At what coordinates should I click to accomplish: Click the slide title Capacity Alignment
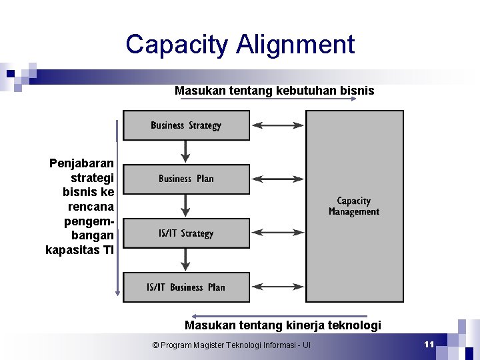coord(240,45)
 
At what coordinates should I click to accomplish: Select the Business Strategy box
coord(186,125)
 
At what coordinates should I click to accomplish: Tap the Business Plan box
coord(186,179)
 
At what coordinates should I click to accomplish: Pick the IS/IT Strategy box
coord(186,233)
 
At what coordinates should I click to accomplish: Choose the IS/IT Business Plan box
coord(186,287)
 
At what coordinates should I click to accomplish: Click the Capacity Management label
coord(354,206)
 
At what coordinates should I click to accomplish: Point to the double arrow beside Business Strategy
coord(277,125)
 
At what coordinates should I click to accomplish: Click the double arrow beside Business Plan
coord(277,179)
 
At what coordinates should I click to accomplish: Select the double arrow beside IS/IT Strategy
coord(277,233)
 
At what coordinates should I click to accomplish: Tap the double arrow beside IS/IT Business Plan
coord(277,287)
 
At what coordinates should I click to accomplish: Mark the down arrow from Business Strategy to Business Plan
coord(186,152)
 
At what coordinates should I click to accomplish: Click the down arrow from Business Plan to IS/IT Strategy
coord(186,206)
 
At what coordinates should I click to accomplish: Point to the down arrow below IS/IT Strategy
coord(186,260)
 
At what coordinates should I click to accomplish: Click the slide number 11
coord(429,344)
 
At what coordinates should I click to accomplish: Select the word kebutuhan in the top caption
coord(304,90)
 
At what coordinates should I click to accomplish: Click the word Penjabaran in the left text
coord(81,163)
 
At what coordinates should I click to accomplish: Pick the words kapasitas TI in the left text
coord(80,251)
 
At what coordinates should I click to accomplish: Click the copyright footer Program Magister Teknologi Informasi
coord(231,345)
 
